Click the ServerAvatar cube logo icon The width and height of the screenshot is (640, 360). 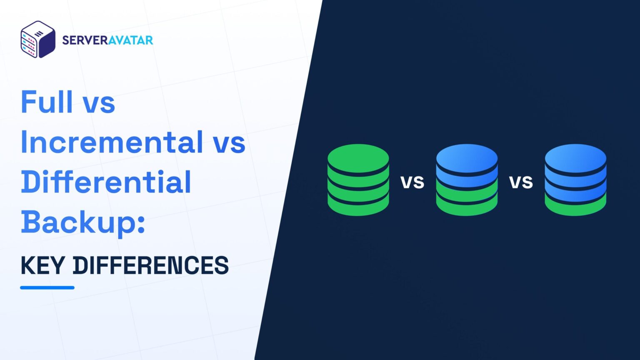click(38, 40)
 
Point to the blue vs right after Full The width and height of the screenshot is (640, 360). click(99, 104)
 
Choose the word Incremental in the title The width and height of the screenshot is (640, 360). click(111, 142)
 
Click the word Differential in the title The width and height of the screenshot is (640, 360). click(106, 182)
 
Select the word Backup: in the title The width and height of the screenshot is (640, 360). click(83, 222)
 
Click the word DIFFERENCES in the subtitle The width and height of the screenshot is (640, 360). click(151, 265)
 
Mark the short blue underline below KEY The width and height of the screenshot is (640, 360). click(47, 287)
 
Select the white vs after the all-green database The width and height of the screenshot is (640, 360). click(412, 182)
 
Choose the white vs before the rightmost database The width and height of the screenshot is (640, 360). click(521, 182)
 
